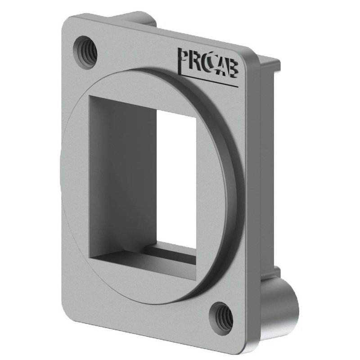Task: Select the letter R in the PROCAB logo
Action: [197, 62]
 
